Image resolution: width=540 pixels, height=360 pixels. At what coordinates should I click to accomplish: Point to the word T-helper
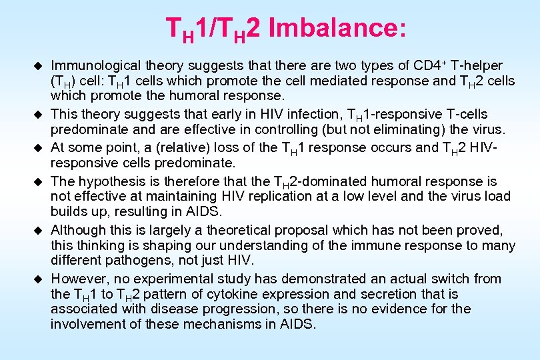click(x=477, y=65)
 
